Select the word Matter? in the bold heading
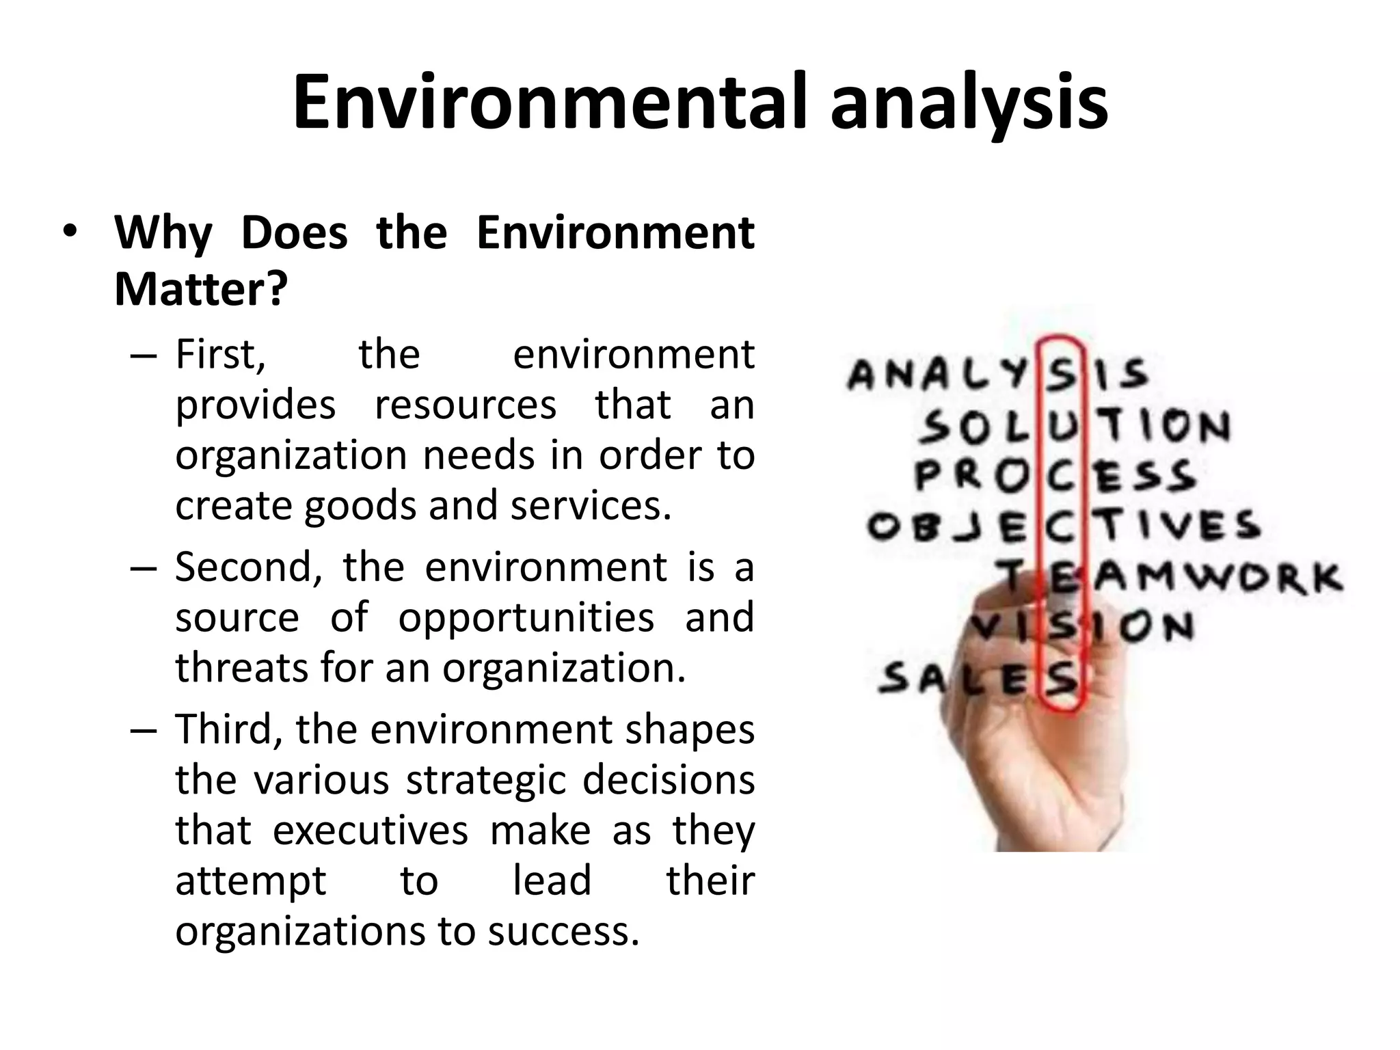(x=201, y=289)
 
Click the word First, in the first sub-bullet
(x=220, y=355)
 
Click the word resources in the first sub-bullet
(x=466, y=405)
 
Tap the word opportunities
(x=526, y=619)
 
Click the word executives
(x=371, y=831)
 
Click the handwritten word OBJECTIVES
(x=1064, y=526)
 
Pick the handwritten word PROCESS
(x=1055, y=475)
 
